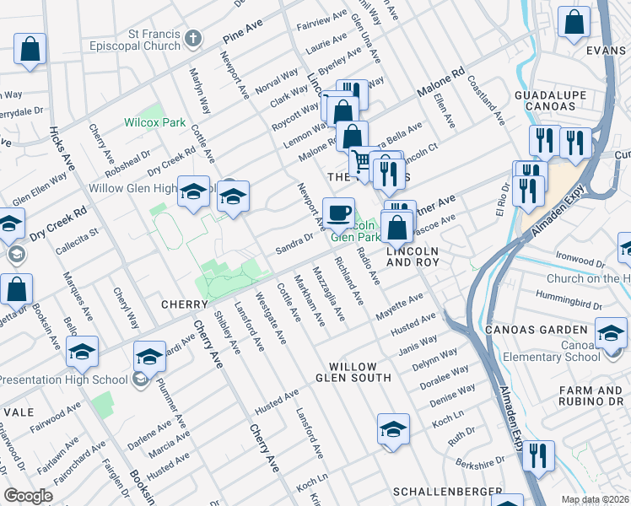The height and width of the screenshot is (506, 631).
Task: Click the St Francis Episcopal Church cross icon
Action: point(194,38)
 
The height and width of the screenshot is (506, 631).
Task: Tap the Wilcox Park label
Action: point(154,122)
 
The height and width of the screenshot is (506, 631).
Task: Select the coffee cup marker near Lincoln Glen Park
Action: point(338,213)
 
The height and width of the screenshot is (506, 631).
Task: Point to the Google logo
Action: point(28,496)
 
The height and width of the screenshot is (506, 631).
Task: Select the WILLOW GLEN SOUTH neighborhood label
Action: point(359,372)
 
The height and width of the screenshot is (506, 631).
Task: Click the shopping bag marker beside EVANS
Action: point(574,24)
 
